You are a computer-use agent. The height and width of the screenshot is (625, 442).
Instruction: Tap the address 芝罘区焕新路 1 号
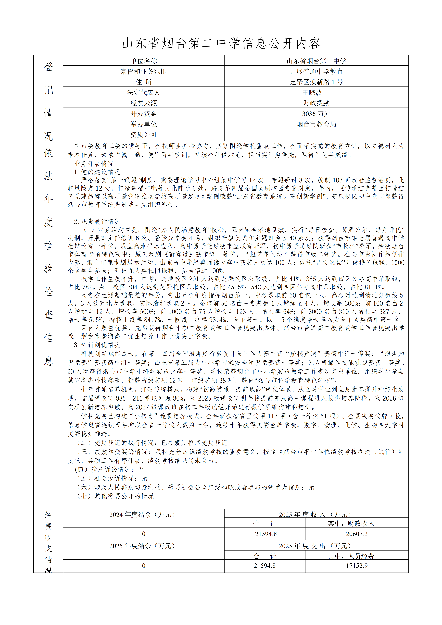pyautogui.click(x=316, y=82)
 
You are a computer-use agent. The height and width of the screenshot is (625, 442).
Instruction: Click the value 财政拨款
pyautogui.click(x=316, y=103)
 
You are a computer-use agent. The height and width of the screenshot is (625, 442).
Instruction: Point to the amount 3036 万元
pyautogui.click(x=316, y=113)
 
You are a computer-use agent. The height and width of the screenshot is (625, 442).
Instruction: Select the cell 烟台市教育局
pyautogui.click(x=316, y=124)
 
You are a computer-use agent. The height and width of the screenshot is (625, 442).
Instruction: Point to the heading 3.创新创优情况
pyautogui.click(x=97, y=345)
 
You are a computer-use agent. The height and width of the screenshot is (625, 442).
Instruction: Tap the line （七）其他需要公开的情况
pyautogui.click(x=115, y=496)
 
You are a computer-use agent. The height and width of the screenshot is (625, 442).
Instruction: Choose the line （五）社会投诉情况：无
pyautogui.click(x=112, y=478)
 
